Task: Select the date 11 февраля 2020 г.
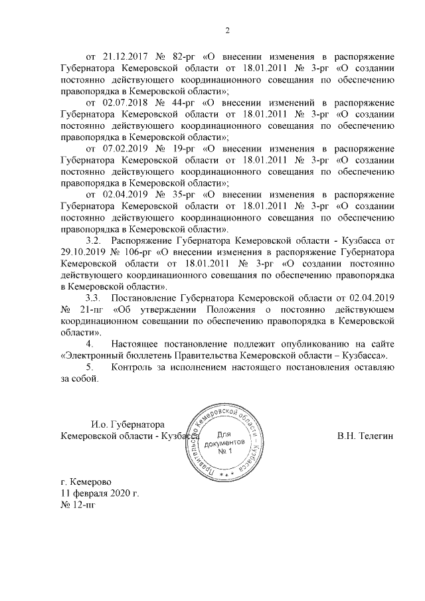pos(100,495)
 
